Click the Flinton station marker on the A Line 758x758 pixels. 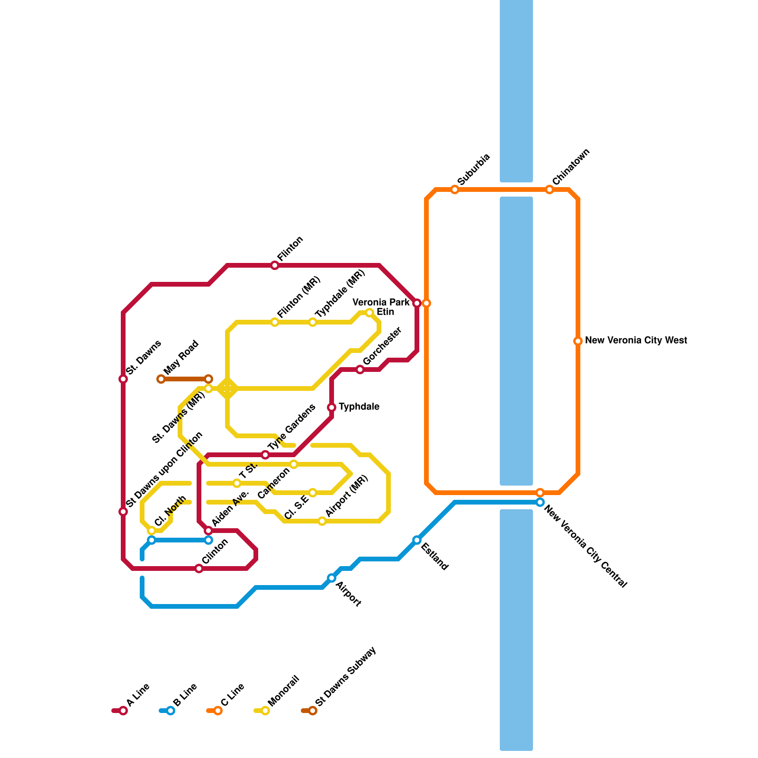[x=275, y=265]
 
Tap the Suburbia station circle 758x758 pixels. [x=455, y=189]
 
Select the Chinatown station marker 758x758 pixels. [x=550, y=189]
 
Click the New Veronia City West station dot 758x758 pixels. [x=578, y=341]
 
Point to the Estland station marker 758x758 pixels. [x=417, y=540]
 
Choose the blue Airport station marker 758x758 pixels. [x=332, y=578]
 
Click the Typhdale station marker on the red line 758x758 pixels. [x=332, y=407]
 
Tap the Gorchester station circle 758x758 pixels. [x=360, y=370]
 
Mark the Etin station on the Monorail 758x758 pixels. [x=370, y=313]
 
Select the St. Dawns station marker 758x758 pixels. [x=123, y=379]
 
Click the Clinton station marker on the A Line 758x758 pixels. [x=199, y=568]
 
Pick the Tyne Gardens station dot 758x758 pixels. [x=265, y=455]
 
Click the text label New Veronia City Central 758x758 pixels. [x=586, y=546]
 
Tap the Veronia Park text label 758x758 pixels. [x=381, y=302]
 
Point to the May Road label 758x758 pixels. [x=181, y=358]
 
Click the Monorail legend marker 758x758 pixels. [x=265, y=711]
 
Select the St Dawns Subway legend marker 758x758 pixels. [x=313, y=711]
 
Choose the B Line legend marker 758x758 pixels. [x=171, y=711]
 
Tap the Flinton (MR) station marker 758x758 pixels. [x=275, y=322]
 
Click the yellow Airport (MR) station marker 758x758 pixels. [x=322, y=521]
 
